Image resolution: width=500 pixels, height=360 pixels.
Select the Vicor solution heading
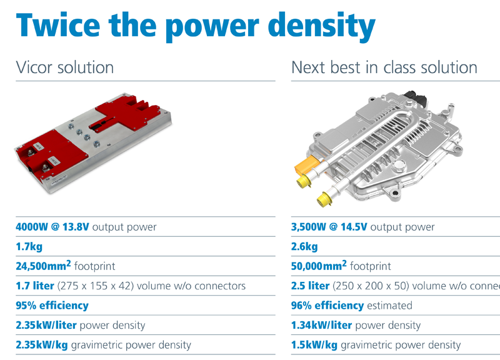64,67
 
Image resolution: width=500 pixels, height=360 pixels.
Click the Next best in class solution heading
384,67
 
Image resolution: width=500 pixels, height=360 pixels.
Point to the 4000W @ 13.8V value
52,227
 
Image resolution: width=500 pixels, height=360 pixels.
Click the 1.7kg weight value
29,247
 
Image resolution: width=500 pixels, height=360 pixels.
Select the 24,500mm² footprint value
44,266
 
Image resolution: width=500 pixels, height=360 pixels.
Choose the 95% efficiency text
52,306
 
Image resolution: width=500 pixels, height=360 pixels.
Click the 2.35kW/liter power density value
46,325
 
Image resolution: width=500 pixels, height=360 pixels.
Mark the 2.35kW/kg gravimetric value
42,345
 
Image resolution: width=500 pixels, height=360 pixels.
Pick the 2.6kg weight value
304,247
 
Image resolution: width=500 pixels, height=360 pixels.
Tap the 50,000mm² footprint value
319,266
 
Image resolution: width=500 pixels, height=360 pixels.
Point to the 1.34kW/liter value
322,325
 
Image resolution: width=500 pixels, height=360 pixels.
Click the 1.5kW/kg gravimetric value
314,345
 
